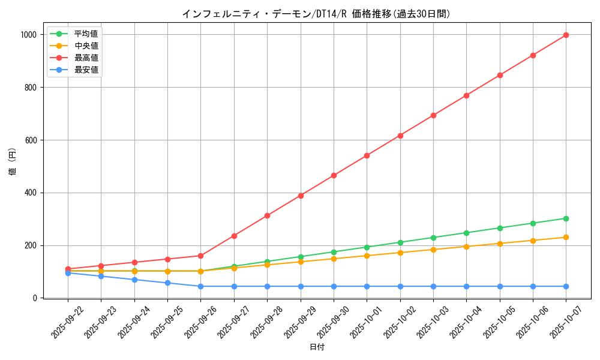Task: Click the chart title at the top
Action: click(316, 14)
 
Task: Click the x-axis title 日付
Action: click(317, 347)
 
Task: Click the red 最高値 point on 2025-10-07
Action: click(566, 35)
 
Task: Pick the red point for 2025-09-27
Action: click(234, 236)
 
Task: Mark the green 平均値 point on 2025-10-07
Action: click(566, 218)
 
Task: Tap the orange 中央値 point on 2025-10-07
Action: click(566, 237)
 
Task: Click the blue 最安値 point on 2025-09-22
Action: click(68, 273)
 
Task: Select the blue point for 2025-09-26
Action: click(200, 286)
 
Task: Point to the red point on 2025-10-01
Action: click(367, 155)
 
